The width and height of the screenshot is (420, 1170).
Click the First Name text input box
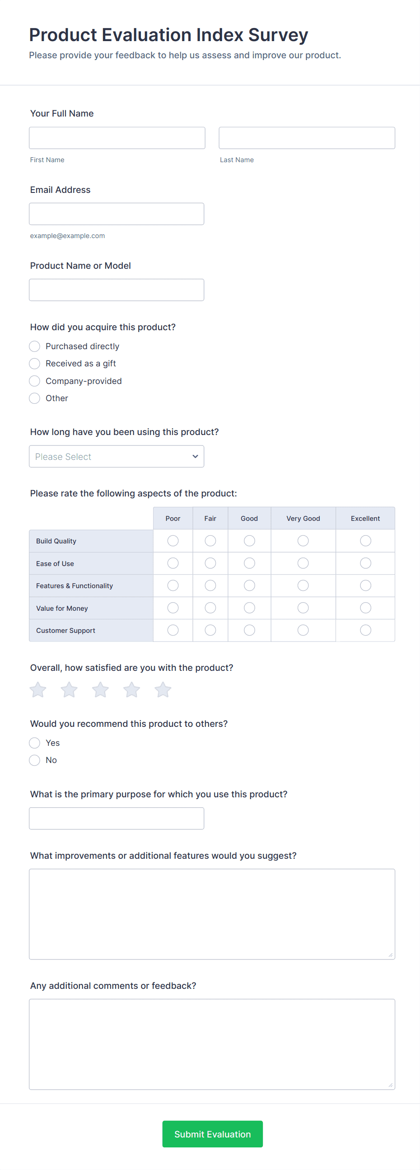[x=117, y=138]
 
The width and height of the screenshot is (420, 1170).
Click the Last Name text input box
[x=307, y=138]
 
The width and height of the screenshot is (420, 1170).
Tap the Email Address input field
[x=116, y=214]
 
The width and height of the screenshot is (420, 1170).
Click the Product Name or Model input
[x=116, y=290]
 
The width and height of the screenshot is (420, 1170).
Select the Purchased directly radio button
[x=34, y=346]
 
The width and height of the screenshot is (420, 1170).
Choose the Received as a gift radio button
[x=34, y=364]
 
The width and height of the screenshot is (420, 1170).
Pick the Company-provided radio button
[x=34, y=381]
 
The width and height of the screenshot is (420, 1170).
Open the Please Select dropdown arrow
[x=195, y=456]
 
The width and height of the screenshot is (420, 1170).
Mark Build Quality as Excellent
[x=365, y=541]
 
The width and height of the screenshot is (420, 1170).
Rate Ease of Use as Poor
[x=173, y=563]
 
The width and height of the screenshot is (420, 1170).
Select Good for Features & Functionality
[x=249, y=586]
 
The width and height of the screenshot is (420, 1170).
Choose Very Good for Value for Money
[x=303, y=608]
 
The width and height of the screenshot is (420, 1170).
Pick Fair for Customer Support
[x=210, y=631]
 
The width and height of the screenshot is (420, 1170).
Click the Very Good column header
[x=303, y=519]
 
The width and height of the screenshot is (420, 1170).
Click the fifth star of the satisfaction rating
[x=163, y=690]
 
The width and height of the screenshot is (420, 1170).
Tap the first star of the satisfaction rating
[x=38, y=690]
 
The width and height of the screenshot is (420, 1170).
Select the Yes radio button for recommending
[x=34, y=743]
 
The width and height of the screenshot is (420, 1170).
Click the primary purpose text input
[x=116, y=819]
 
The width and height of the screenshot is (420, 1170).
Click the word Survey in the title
[x=278, y=35]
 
